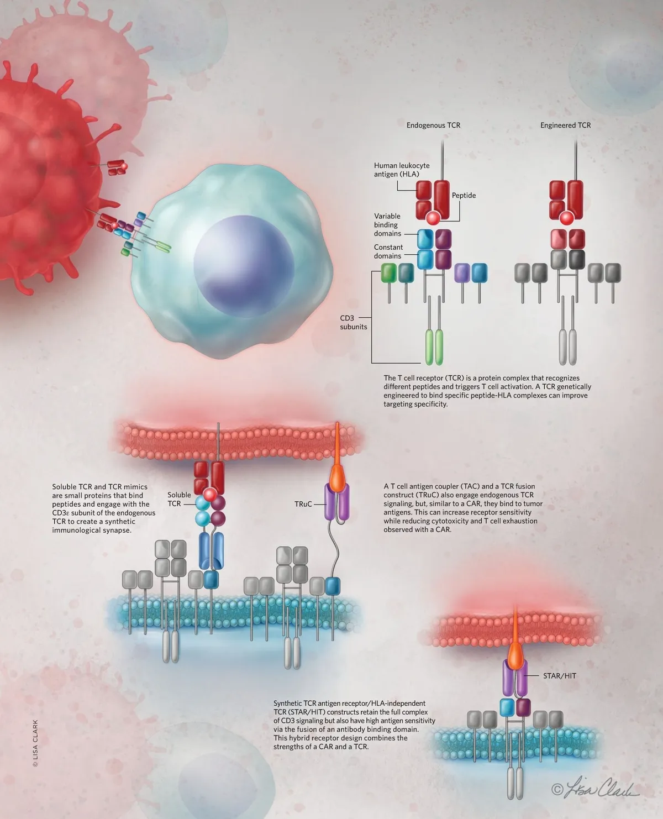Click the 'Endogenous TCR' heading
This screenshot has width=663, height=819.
coord(433,125)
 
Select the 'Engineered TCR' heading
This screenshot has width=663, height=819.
coord(565,125)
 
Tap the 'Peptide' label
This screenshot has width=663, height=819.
coord(464,196)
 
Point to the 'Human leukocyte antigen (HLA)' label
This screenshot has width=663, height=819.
coord(402,170)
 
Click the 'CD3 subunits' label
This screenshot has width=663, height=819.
coord(354,322)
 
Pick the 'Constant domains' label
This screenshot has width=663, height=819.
coord(388,251)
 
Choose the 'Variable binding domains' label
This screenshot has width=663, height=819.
coord(387,225)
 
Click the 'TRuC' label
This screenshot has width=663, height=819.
coord(303,504)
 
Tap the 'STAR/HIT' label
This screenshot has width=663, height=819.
coord(559,676)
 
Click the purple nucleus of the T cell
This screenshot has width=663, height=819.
coord(238,262)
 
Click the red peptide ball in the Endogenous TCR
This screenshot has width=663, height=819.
coord(433,218)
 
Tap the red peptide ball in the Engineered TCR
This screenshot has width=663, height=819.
coord(566,218)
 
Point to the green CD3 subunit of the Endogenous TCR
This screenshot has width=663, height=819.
coord(389,272)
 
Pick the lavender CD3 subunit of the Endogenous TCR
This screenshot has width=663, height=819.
coord(462,273)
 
